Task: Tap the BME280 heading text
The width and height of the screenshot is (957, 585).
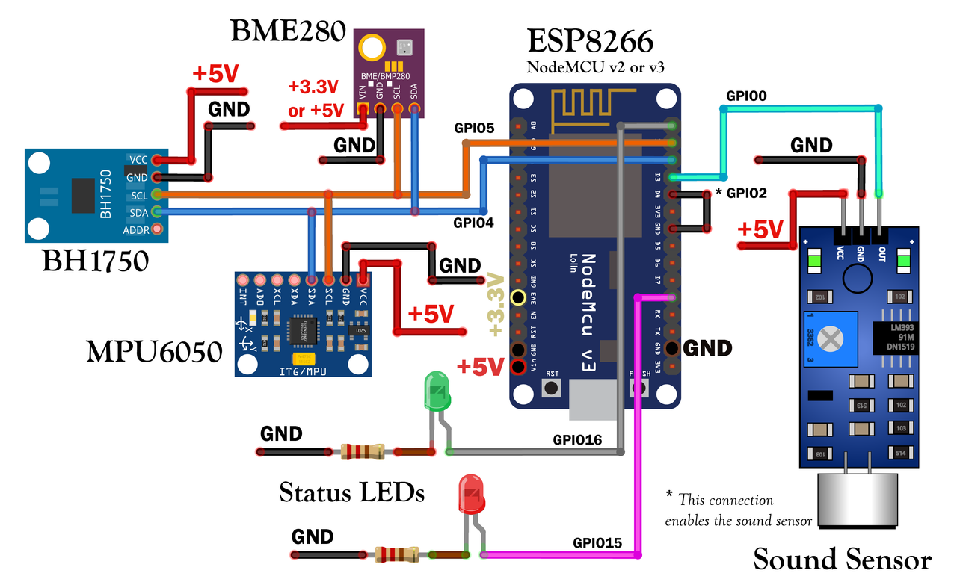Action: pyautogui.click(x=288, y=31)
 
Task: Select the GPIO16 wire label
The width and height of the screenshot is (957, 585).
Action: pyautogui.click(x=577, y=439)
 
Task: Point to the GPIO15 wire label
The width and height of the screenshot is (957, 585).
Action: pyautogui.click(x=597, y=543)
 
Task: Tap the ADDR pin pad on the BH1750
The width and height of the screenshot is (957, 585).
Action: pyautogui.click(x=156, y=229)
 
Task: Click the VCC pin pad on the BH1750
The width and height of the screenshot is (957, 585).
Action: pyautogui.click(x=156, y=159)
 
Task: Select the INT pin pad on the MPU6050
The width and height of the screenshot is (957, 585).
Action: pyautogui.click(x=242, y=279)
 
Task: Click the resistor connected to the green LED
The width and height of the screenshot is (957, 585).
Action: pyautogui.click(x=362, y=451)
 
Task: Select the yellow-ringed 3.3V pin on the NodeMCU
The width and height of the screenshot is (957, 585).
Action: pyautogui.click(x=517, y=297)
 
